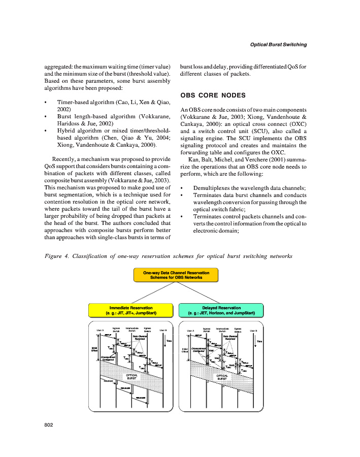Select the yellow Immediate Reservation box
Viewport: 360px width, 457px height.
tap(132, 310)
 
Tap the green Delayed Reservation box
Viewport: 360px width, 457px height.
tap(221, 310)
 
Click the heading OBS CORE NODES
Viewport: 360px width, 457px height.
tap(206, 95)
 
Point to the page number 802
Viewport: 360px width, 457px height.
tap(49, 424)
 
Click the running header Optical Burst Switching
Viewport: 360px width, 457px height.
tap(278, 45)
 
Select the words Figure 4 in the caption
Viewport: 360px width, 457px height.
tap(57, 256)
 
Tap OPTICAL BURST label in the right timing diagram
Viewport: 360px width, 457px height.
tap(222, 377)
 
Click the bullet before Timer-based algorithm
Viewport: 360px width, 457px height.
tap(47, 102)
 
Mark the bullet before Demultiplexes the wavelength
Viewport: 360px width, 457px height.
tap(182, 188)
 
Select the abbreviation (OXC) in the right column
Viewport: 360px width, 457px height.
tap(295, 123)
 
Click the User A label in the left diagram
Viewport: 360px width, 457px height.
tap(100, 331)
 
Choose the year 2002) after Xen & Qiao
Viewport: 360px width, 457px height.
tap(63, 109)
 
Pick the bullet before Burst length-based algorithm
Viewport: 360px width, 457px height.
tap(47, 116)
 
